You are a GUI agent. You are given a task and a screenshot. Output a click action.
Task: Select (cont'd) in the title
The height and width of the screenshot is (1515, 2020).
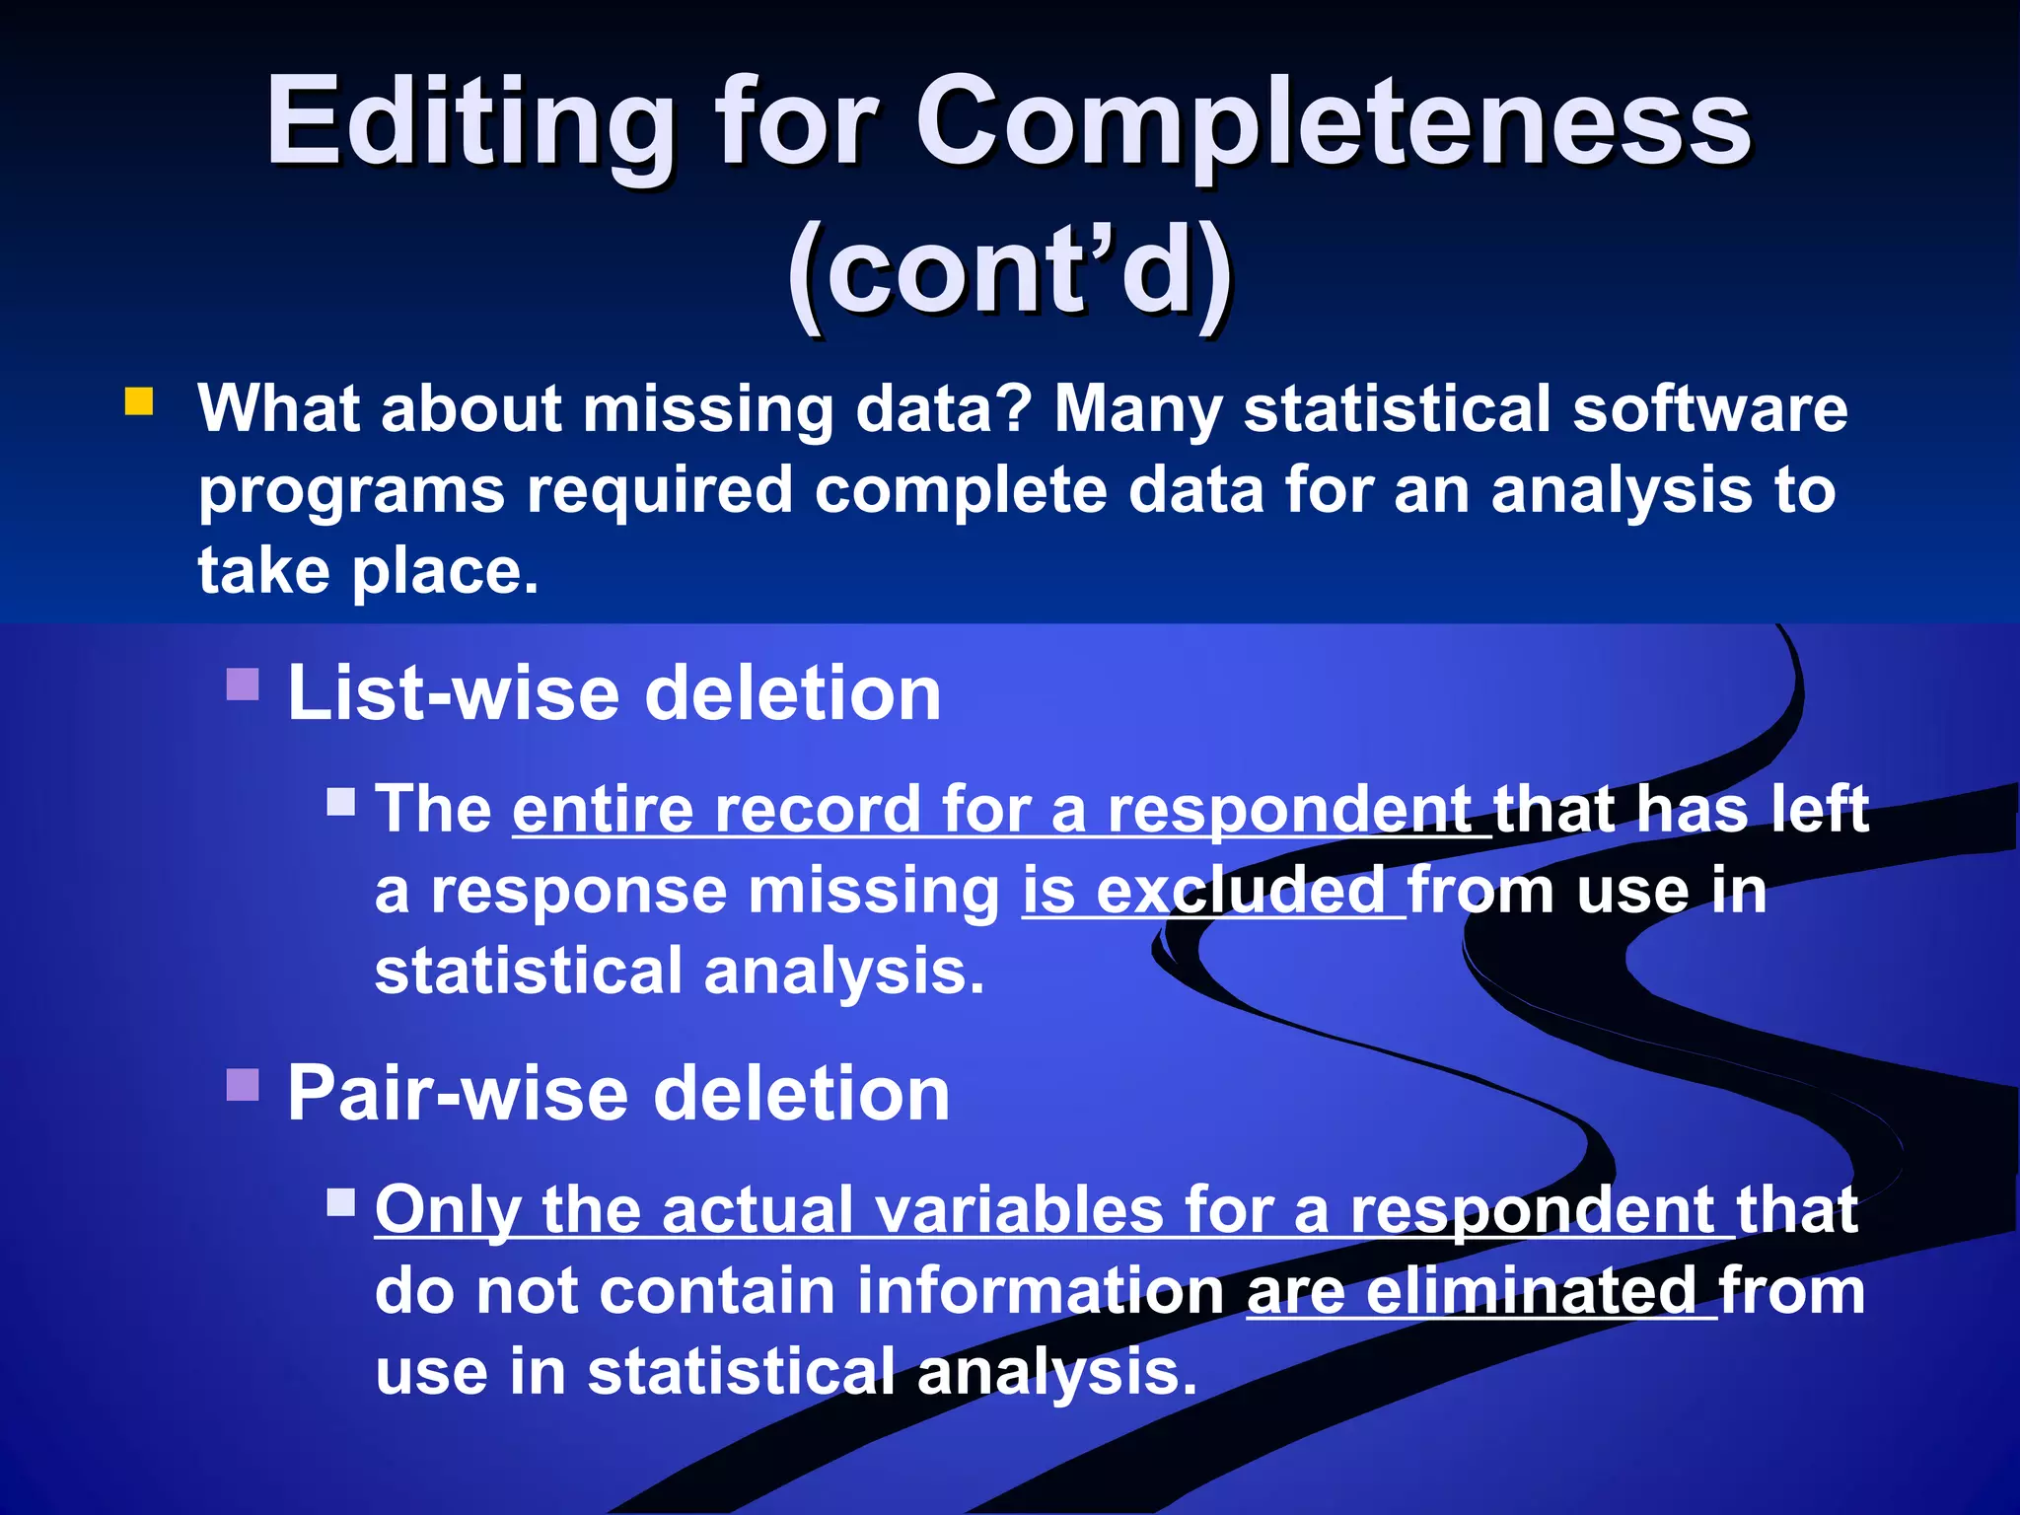(1010, 271)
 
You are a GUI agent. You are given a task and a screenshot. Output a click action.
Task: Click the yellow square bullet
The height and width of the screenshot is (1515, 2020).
(139, 402)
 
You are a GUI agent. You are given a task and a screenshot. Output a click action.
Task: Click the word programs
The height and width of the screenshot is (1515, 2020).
(347, 491)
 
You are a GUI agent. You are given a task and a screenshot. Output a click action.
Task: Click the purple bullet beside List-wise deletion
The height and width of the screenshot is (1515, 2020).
(243, 684)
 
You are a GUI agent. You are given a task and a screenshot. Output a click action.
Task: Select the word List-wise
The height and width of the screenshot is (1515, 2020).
(452, 693)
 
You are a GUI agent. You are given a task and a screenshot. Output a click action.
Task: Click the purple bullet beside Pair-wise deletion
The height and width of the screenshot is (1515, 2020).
(243, 1084)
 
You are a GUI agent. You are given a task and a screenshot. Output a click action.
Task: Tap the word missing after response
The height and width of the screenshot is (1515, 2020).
(874, 891)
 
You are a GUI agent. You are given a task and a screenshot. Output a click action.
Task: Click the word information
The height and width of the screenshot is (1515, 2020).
(1040, 1291)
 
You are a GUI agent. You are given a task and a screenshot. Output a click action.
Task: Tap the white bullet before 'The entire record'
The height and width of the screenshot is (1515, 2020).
(341, 801)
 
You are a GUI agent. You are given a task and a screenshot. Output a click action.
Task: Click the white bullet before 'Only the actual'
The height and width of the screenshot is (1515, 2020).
(341, 1201)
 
